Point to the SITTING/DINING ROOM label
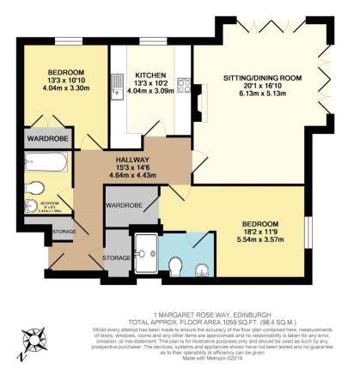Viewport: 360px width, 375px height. (257, 76)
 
